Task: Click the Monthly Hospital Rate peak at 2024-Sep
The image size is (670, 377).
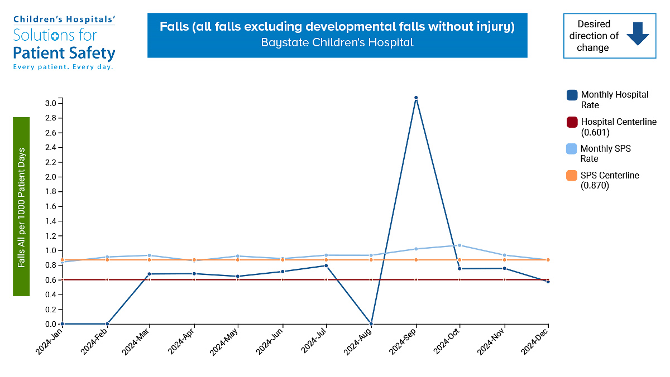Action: pyautogui.click(x=416, y=98)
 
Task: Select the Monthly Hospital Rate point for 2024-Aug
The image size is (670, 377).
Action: pyautogui.click(x=371, y=323)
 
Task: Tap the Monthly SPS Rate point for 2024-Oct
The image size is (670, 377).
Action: pyautogui.click(x=460, y=245)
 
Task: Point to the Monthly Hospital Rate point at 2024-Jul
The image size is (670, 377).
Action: pyautogui.click(x=327, y=265)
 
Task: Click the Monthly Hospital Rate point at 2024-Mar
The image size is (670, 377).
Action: pyautogui.click(x=150, y=274)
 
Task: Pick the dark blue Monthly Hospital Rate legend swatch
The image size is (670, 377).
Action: pyautogui.click(x=572, y=95)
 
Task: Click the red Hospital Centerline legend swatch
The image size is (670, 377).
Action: pyautogui.click(x=572, y=122)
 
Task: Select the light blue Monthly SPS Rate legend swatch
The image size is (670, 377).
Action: pyautogui.click(x=572, y=149)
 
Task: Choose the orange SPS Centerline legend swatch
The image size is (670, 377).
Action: pyautogui.click(x=572, y=176)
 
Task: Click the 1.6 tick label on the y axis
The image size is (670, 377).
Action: pyautogui.click(x=51, y=206)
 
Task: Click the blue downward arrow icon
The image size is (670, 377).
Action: pyautogui.click(x=637, y=34)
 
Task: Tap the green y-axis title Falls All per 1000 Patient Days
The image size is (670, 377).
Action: pyautogui.click(x=21, y=206)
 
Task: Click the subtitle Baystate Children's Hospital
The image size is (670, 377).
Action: pyautogui.click(x=337, y=42)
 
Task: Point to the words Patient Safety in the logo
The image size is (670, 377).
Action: pyautogui.click(x=64, y=54)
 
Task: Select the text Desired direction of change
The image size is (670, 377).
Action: pyautogui.click(x=593, y=36)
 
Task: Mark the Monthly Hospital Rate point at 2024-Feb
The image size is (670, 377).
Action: pyautogui.click(x=107, y=323)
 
